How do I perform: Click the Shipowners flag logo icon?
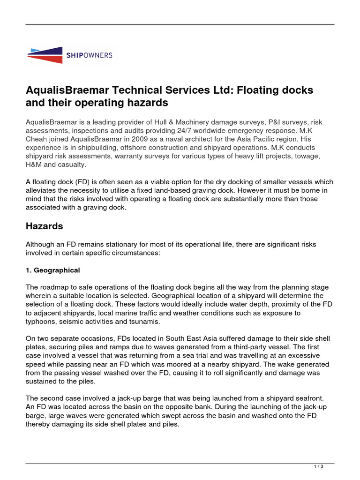[x=45, y=55]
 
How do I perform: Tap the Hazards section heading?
[x=44, y=226]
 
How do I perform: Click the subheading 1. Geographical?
[x=52, y=270]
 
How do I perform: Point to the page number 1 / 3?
[x=318, y=466]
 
